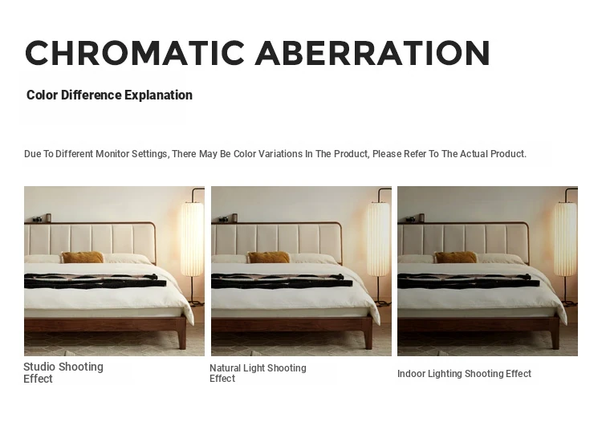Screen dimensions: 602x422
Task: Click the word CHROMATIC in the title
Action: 135,53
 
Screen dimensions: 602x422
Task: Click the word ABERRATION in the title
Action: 372,53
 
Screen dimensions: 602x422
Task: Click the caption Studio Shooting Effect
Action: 63,372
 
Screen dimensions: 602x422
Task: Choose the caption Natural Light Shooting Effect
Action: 258,373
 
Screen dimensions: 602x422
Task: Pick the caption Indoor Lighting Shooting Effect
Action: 464,374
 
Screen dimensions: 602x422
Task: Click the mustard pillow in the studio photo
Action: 83,257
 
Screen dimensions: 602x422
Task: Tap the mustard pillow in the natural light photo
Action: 269,257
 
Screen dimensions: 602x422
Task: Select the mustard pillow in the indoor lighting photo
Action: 455,257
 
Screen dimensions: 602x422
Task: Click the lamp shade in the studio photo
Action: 192,239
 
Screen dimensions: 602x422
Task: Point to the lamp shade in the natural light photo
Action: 379,239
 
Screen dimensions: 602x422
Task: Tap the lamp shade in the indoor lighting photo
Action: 565,239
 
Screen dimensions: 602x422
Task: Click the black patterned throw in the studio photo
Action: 96,282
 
